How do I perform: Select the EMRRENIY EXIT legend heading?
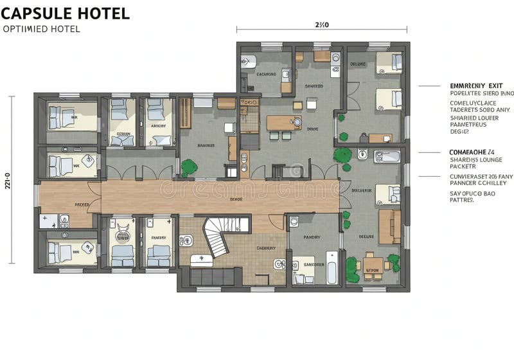coord(477,85)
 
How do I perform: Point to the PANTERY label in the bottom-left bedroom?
coord(158,237)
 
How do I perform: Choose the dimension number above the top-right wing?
coord(322,25)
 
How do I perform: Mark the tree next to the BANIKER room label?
coord(188,166)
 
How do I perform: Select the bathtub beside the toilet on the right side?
coord(387,156)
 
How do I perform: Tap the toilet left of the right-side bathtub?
coord(362,154)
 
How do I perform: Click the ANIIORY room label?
coord(158,125)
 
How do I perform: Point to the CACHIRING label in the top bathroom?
coord(266,74)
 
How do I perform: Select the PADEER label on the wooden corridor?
coord(82,204)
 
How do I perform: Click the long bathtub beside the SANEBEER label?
coord(332,267)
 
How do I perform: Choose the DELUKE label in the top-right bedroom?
coord(357,64)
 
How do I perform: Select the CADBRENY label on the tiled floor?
coord(265,248)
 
